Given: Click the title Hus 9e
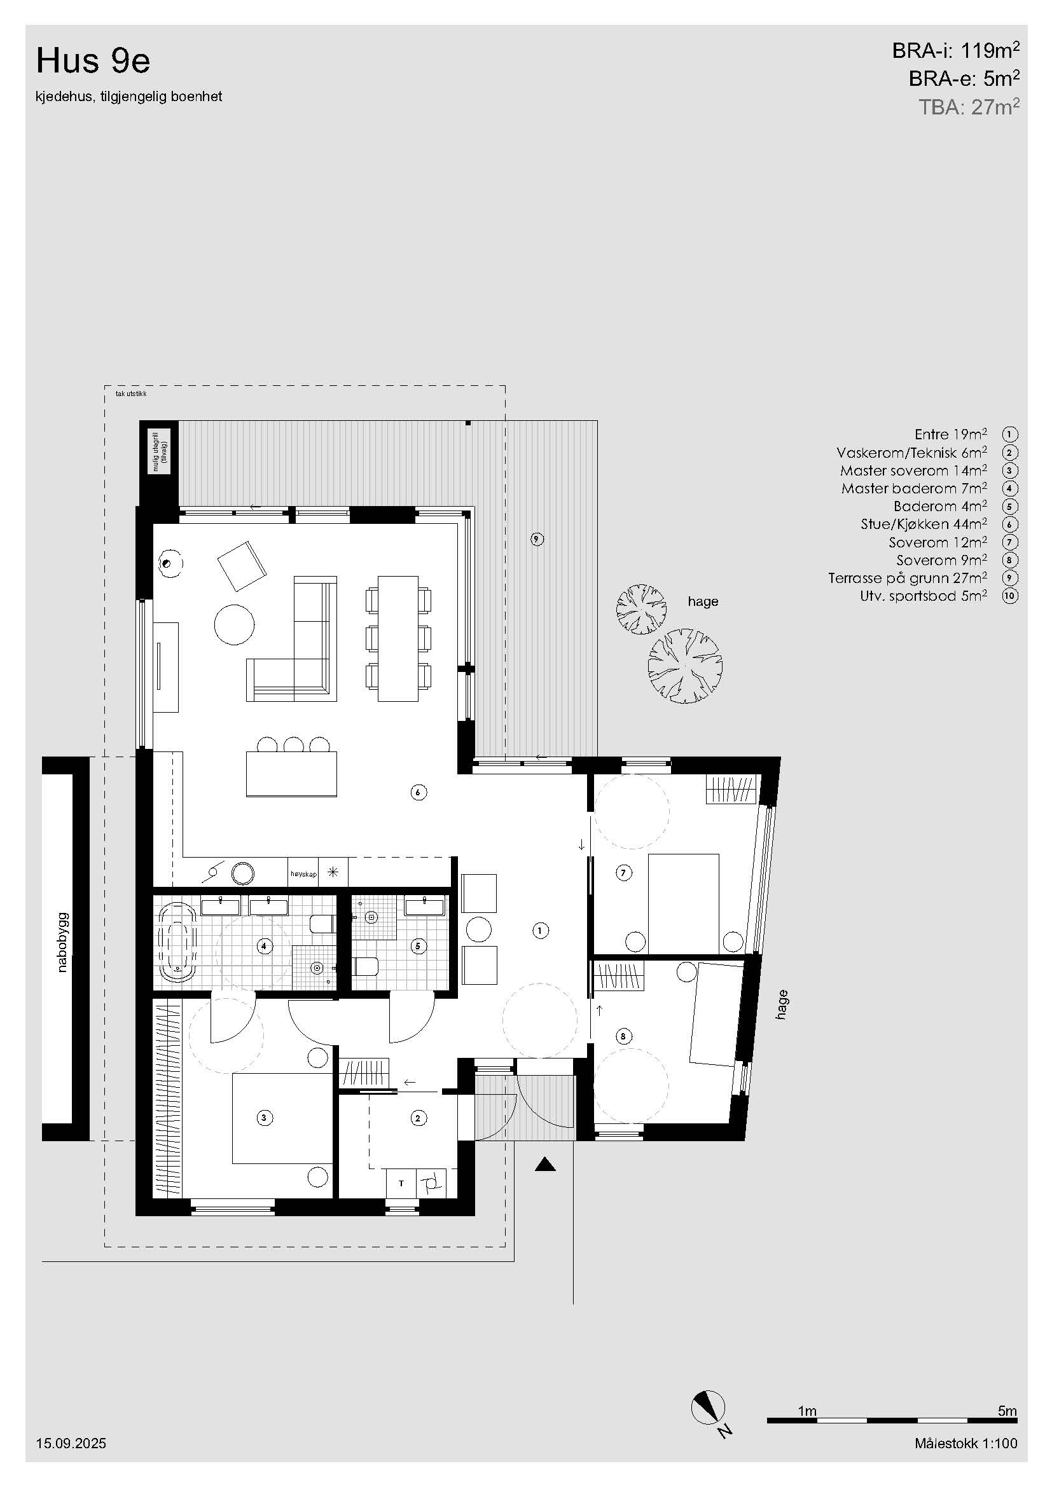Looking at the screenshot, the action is [93, 61].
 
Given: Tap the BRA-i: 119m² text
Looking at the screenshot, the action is [955, 50].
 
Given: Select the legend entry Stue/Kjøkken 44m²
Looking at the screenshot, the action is [924, 523].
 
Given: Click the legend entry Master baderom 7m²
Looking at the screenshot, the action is [914, 488].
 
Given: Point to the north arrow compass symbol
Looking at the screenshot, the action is [708, 1408].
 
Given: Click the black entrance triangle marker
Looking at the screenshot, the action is [546, 1165].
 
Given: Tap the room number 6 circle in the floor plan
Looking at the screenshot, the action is [419, 791].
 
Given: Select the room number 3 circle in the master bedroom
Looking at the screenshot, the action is [264, 1117].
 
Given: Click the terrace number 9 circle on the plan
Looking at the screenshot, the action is [536, 538].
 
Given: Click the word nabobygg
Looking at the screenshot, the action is [63, 942].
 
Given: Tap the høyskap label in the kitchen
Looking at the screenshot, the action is [303, 874].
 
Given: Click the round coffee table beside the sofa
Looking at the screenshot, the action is [235, 624].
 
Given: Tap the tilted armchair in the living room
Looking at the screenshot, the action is [242, 566].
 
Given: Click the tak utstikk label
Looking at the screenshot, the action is [131, 394].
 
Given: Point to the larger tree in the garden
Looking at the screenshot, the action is [686, 666].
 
